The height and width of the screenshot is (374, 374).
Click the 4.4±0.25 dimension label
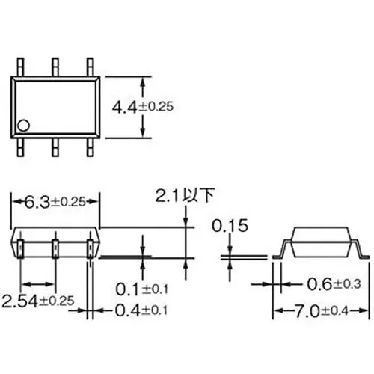143,107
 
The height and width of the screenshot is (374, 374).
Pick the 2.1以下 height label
185,197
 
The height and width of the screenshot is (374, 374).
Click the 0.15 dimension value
230,225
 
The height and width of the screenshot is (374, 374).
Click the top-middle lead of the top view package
56,66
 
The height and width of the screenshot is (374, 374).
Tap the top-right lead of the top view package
91,66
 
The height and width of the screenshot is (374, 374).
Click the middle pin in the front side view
55,249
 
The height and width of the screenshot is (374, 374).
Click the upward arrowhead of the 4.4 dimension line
143,78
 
